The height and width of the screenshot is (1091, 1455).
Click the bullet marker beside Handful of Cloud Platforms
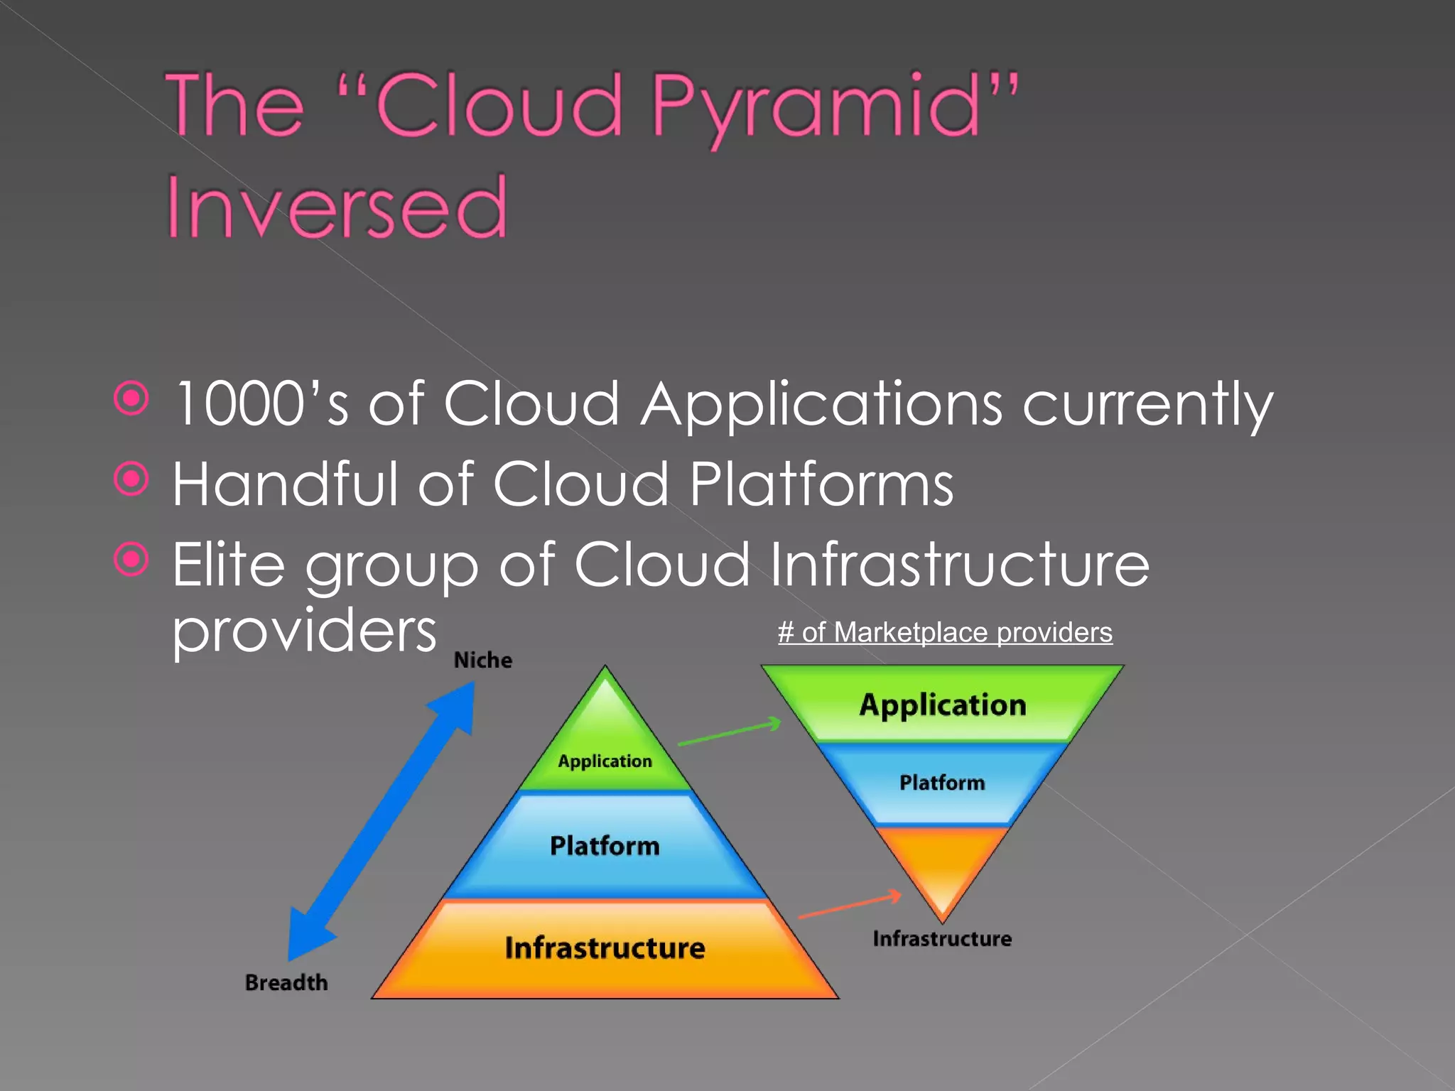pos(131,479)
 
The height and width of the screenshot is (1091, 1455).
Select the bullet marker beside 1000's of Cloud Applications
pos(131,398)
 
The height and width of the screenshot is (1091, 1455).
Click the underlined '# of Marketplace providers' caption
pos(945,632)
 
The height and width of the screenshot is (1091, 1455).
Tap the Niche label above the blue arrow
pos(483,660)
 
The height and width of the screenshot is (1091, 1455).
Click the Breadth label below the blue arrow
pos(286,982)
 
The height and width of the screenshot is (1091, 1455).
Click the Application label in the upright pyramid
pos(605,761)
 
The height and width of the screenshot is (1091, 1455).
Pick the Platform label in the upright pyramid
pos(605,845)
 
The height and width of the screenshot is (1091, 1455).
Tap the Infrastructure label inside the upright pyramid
pos(605,948)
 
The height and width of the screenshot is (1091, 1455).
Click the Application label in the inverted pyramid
pos(943,705)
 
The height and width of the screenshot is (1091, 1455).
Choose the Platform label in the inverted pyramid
pos(942,782)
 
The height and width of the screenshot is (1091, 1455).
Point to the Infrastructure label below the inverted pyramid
pos(942,938)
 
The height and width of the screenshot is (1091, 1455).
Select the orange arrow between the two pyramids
pos(850,906)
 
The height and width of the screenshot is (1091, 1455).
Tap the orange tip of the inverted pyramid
pos(942,870)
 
